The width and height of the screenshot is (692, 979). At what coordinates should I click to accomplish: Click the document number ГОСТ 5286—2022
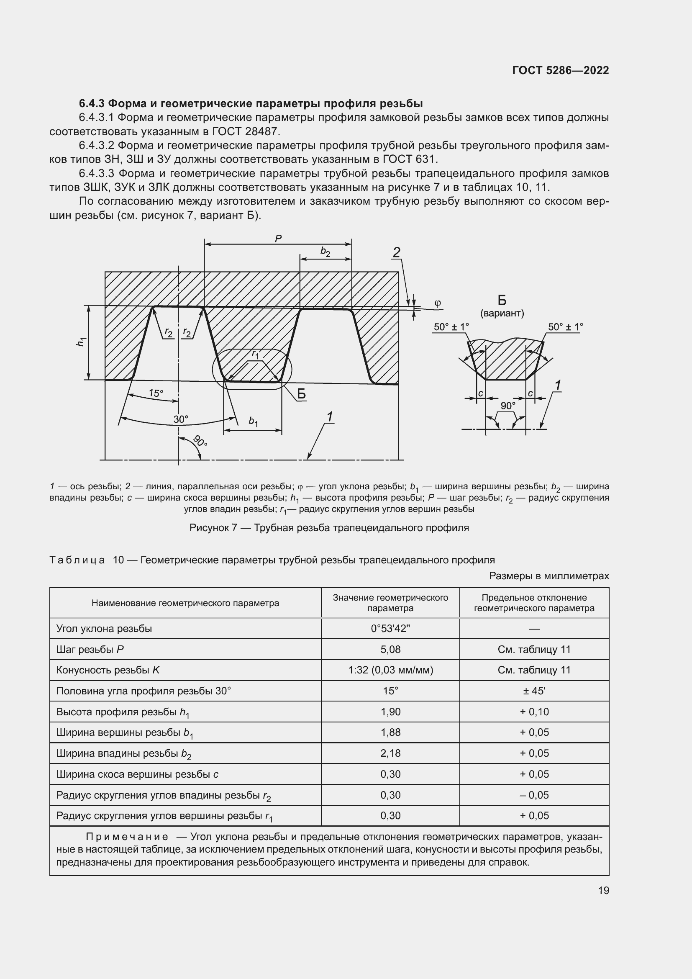[560, 70]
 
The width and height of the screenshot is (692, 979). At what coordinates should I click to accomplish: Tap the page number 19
[603, 890]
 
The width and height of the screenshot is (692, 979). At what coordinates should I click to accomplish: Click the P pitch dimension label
[278, 239]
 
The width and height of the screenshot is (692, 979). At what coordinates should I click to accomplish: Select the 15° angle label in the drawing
[156, 393]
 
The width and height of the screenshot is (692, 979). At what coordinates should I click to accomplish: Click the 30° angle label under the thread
[181, 419]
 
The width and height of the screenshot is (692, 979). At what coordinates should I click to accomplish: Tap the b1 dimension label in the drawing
[253, 422]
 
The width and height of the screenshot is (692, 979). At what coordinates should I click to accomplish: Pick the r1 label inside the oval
[255, 354]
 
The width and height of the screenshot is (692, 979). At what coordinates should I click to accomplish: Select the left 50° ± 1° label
[451, 327]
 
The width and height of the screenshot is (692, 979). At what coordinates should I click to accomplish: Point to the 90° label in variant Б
[508, 406]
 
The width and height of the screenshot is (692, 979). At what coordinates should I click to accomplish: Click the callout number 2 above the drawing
[396, 252]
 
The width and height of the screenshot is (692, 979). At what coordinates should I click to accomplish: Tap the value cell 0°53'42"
[390, 629]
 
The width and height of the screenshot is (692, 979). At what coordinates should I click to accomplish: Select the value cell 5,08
[390, 650]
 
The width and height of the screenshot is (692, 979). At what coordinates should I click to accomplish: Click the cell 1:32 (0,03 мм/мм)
[390, 670]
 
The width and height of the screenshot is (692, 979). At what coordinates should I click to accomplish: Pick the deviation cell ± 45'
[534, 691]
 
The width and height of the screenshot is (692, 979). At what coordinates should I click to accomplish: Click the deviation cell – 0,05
[534, 795]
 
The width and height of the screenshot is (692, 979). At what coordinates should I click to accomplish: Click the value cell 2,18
[390, 753]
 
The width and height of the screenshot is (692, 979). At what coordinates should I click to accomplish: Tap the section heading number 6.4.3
[92, 104]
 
